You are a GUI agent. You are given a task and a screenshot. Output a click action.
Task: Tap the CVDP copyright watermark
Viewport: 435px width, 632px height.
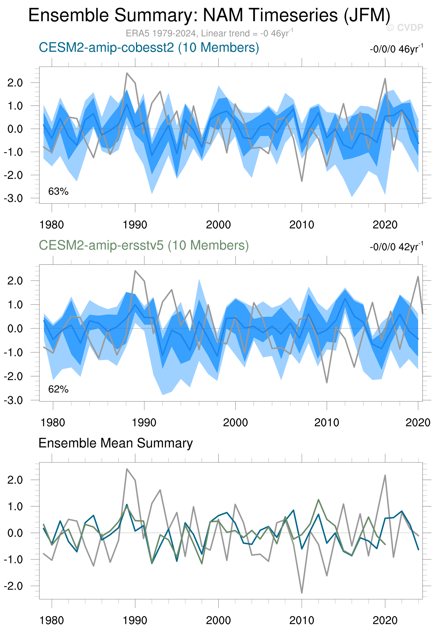tap(404, 27)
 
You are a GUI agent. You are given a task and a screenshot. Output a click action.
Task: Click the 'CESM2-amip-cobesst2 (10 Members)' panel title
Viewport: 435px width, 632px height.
tap(148, 48)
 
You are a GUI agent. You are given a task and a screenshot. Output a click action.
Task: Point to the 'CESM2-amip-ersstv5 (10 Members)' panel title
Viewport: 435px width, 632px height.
tap(144, 245)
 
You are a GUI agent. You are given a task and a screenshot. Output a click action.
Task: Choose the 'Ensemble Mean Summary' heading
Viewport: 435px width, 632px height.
tap(116, 443)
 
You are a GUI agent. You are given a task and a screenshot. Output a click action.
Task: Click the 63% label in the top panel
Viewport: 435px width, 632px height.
tap(58, 192)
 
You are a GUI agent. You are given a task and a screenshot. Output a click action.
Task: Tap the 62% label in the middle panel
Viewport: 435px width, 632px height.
tap(58, 389)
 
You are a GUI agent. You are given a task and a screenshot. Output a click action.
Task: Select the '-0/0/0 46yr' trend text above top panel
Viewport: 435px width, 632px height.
tap(396, 49)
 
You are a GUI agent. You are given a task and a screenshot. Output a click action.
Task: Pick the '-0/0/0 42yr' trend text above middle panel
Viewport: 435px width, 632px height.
tap(396, 247)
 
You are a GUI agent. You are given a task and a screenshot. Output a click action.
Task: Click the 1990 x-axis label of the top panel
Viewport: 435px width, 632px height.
tap(135, 225)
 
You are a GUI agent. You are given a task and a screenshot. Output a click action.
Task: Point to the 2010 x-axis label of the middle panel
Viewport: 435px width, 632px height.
tap(327, 423)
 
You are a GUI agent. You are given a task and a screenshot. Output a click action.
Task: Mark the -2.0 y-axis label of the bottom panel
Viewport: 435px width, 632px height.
tap(13, 586)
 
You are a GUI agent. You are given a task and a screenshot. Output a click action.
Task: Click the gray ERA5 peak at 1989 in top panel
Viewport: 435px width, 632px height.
tap(127, 73)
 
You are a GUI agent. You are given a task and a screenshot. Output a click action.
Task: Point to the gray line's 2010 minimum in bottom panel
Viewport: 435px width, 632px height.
tap(302, 593)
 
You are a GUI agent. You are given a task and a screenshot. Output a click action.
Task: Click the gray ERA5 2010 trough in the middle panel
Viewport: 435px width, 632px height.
tap(327, 382)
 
